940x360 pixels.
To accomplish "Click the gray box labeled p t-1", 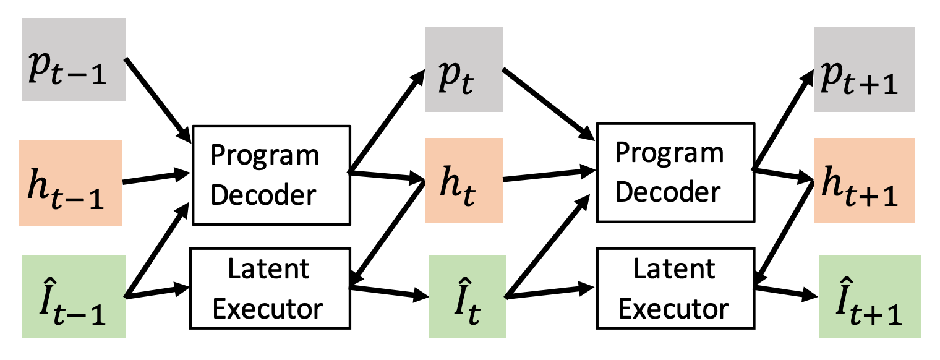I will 74,59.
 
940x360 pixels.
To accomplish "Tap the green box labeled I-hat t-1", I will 73,296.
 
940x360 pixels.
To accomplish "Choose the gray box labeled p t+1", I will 864,69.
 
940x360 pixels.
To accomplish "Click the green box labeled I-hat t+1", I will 869,296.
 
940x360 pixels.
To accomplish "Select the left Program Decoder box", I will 271,174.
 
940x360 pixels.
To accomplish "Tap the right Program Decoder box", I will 675,172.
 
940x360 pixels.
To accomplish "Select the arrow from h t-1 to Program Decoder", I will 158,177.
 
